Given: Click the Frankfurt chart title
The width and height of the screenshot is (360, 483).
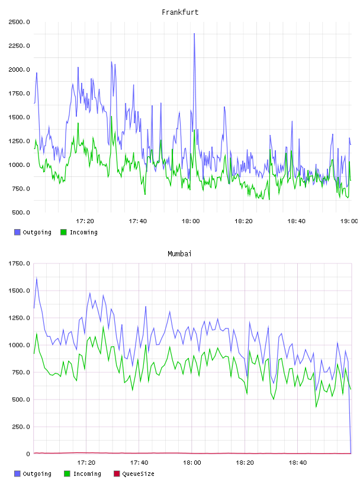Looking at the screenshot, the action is (180, 12).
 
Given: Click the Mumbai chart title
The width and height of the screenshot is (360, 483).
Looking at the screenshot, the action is (179, 254).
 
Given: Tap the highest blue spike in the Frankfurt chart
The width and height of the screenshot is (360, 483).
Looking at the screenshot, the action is (194, 34).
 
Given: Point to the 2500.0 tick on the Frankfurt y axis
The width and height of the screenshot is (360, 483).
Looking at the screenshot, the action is (19, 22).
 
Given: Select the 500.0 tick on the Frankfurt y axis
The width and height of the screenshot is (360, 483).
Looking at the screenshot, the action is (21, 212).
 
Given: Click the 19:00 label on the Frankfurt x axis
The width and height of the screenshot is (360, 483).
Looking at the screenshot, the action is (349, 221).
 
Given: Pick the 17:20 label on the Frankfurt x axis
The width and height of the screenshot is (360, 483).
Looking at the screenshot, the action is (85, 221).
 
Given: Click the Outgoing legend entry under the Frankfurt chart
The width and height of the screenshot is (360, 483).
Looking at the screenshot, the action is (33, 232).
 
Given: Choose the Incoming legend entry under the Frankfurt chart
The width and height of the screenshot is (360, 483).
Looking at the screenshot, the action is (79, 232).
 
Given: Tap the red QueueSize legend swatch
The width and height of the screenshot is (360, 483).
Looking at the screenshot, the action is (117, 474).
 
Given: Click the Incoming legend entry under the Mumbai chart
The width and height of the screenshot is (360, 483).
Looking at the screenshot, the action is (82, 474).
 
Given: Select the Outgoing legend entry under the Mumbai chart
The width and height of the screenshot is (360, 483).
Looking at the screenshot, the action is (33, 474).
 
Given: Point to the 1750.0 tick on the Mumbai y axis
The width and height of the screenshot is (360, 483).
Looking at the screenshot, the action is (19, 263).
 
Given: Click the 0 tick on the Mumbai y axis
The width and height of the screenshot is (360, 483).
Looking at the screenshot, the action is (28, 454).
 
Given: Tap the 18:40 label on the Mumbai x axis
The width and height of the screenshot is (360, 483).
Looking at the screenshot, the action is (298, 463).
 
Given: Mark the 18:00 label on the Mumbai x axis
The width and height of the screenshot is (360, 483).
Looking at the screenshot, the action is (192, 463).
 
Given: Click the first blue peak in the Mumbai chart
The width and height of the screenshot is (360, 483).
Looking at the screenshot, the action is (37, 278).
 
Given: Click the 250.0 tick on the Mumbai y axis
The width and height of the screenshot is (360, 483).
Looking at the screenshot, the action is (21, 427).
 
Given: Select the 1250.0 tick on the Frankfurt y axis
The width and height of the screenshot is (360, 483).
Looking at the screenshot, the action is (19, 141).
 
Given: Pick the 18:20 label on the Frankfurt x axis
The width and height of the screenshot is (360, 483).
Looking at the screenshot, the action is (243, 221).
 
